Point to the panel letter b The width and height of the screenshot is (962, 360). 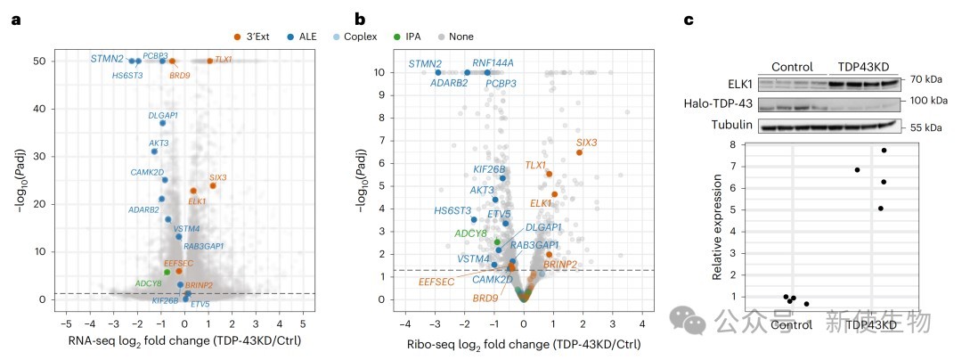(x=360, y=18)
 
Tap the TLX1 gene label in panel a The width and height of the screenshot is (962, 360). (x=224, y=60)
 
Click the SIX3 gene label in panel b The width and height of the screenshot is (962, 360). (x=586, y=142)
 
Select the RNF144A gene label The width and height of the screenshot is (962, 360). (x=493, y=63)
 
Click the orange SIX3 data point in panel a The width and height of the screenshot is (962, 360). (x=213, y=186)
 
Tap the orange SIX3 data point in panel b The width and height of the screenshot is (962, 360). (x=579, y=152)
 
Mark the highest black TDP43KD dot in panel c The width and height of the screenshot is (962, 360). (x=884, y=151)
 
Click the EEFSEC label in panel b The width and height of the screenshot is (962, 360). (x=437, y=282)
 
